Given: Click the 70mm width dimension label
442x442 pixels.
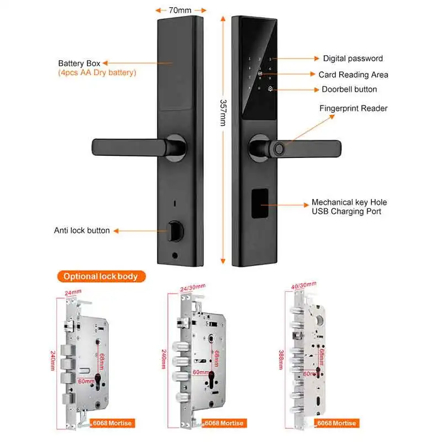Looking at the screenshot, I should [181, 9].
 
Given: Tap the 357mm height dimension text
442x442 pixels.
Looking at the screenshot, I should [223, 113].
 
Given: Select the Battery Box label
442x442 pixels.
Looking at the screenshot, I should [79, 64].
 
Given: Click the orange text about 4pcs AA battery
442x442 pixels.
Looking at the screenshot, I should [97, 73].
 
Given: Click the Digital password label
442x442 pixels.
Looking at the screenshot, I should [352, 58].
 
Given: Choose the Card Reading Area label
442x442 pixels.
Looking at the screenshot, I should [353, 75].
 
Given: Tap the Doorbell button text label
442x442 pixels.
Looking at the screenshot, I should [349, 89].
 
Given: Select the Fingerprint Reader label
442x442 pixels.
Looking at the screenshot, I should [353, 108].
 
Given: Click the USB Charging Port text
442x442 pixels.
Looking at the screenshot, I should [346, 211].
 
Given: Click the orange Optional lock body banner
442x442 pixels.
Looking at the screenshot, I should [100, 276].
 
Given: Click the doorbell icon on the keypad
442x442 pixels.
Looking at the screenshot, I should [270, 88].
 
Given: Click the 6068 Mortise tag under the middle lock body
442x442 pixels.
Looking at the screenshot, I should [224, 423].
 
